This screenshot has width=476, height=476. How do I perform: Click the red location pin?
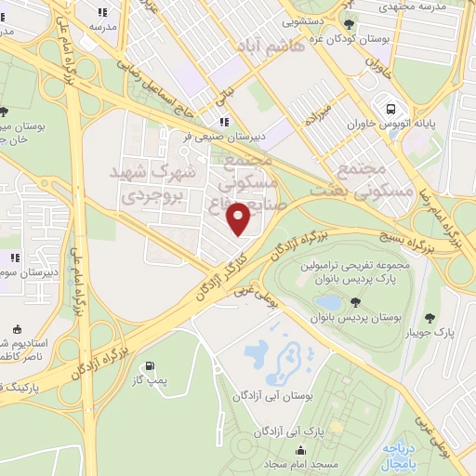click(x=240, y=218)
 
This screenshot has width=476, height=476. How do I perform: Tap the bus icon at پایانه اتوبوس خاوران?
click(x=380, y=104)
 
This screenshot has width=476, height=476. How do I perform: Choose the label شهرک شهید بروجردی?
click(x=157, y=184)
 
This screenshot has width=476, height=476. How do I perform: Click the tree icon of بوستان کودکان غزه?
click(x=349, y=26)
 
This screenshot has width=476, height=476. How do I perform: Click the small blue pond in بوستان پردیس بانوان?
click(x=328, y=302)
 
